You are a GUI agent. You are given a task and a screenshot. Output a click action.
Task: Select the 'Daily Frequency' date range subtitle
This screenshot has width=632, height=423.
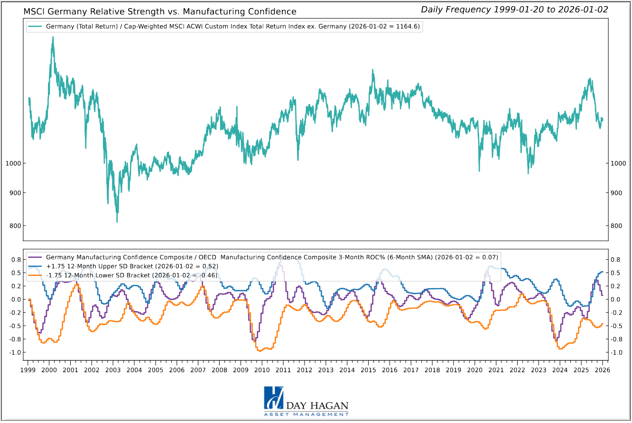click(x=514, y=9)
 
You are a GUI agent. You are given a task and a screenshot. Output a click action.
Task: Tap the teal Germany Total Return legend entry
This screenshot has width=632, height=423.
click(x=224, y=27)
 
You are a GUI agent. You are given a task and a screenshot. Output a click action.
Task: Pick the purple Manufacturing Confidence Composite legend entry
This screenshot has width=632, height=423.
click(x=262, y=257)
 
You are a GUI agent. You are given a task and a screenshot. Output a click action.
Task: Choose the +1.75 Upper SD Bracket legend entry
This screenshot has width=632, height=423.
click(x=122, y=266)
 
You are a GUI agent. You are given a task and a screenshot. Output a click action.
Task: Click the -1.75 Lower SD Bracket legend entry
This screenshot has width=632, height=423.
click(x=121, y=275)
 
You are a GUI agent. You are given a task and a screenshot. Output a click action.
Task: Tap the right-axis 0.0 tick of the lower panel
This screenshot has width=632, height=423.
click(x=616, y=299)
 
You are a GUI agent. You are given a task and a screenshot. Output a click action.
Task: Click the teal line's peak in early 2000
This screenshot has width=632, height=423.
click(x=53, y=37)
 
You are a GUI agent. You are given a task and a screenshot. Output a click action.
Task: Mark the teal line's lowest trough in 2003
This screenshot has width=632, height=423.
click(x=117, y=222)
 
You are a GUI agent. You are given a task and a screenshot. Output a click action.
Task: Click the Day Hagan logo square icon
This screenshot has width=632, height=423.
click(x=273, y=398)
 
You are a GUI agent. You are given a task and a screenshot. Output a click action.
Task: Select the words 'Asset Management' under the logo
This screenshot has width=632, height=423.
click(x=307, y=414)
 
